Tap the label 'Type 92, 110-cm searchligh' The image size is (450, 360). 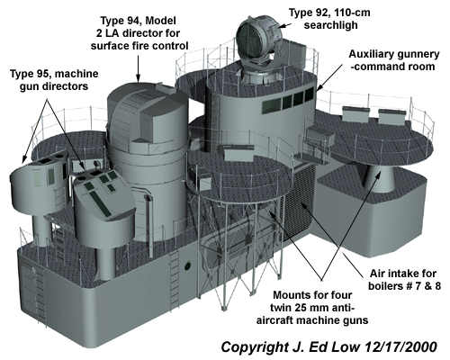[330, 19]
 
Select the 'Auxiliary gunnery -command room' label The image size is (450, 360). [393, 60]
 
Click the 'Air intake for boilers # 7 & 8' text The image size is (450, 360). [404, 280]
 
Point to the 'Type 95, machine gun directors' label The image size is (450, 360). [54, 80]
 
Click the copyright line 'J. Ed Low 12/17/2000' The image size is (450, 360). [329, 347]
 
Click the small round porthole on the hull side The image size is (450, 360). [188, 265]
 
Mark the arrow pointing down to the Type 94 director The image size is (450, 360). [138, 68]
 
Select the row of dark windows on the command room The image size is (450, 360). [288, 100]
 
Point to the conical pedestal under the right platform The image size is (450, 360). [379, 178]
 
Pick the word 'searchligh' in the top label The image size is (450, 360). [331, 25]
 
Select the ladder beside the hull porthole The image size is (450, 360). [175, 277]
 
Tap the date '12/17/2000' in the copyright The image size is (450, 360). [401, 347]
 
